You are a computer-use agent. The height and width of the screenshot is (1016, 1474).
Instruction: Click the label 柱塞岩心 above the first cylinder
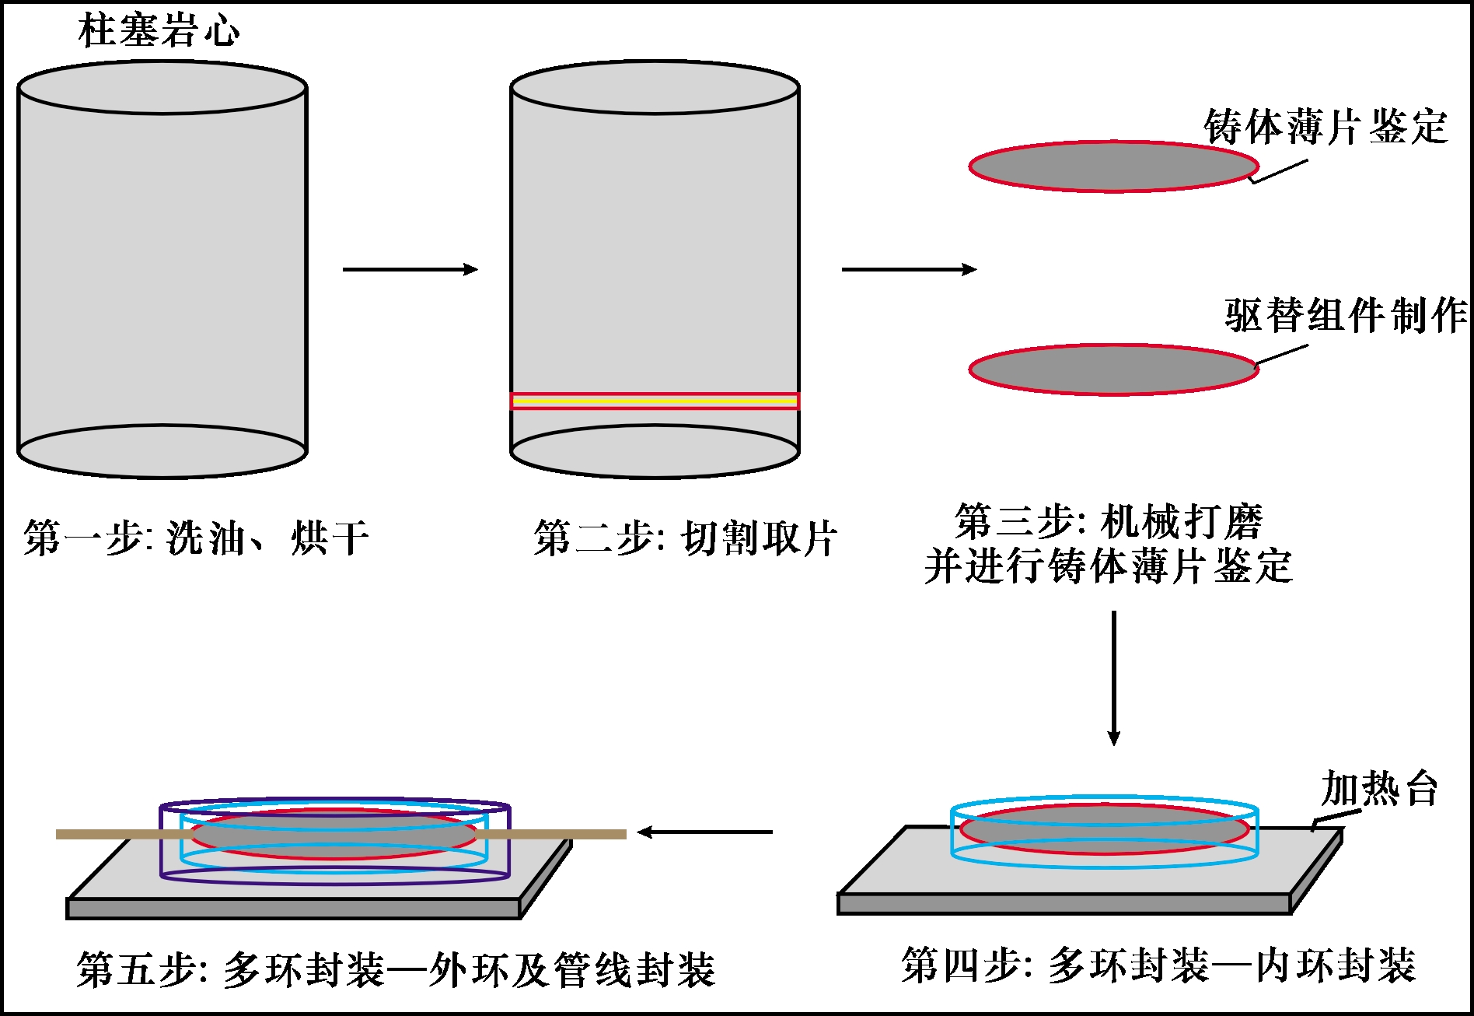(x=159, y=31)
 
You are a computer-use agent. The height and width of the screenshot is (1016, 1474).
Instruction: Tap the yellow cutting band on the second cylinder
(x=655, y=401)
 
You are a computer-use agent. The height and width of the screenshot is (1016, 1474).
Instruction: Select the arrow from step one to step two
(x=410, y=269)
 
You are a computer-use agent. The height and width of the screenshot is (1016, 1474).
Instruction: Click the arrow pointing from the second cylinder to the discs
(x=908, y=269)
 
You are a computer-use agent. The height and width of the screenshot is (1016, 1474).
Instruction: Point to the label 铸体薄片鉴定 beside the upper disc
(x=1326, y=126)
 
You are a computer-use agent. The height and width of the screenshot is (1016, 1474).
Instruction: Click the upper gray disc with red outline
(x=1113, y=166)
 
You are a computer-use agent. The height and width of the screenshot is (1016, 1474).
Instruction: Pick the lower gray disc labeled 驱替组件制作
(x=1113, y=370)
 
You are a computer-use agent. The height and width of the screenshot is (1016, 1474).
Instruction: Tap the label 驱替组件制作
(x=1345, y=315)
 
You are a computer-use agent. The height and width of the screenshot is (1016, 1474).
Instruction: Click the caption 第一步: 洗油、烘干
(x=196, y=538)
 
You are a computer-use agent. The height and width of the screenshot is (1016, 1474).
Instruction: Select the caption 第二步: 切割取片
(x=685, y=538)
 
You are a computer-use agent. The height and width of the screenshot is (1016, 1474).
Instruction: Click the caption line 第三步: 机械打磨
(x=1109, y=521)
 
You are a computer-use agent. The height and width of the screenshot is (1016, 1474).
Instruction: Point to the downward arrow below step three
(x=1113, y=677)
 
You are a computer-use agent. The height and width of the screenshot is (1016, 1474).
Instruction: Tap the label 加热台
(x=1379, y=788)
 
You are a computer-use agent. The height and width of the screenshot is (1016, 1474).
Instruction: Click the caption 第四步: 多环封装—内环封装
(x=1158, y=965)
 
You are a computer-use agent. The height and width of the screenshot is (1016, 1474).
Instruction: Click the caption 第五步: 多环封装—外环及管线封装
(x=396, y=969)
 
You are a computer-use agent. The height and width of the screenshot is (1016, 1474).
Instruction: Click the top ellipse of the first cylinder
(x=162, y=88)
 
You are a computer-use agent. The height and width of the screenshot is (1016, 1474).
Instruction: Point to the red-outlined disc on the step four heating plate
(x=1104, y=829)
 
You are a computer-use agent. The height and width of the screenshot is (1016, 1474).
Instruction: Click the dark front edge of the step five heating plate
(x=293, y=909)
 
